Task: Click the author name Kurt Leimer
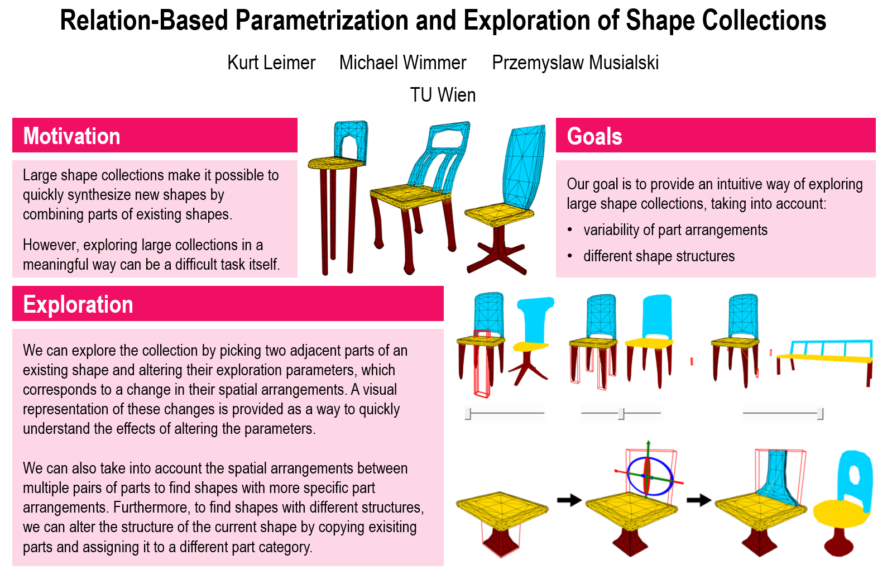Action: (271, 63)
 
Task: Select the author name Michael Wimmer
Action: (402, 63)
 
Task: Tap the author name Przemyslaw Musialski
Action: (575, 63)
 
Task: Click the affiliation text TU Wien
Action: (443, 95)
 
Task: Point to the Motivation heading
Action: (71, 136)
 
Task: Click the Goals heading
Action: (594, 136)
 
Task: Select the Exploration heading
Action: (78, 304)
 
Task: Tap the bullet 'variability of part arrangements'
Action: (675, 229)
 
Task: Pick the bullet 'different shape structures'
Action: (659, 256)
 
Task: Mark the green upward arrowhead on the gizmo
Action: (648, 443)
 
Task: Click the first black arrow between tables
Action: (569, 500)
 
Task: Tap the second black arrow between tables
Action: (698, 500)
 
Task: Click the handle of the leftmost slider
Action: (468, 414)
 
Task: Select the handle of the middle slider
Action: (621, 414)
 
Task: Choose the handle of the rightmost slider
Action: (820, 414)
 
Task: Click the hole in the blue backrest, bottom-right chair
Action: (854, 480)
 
